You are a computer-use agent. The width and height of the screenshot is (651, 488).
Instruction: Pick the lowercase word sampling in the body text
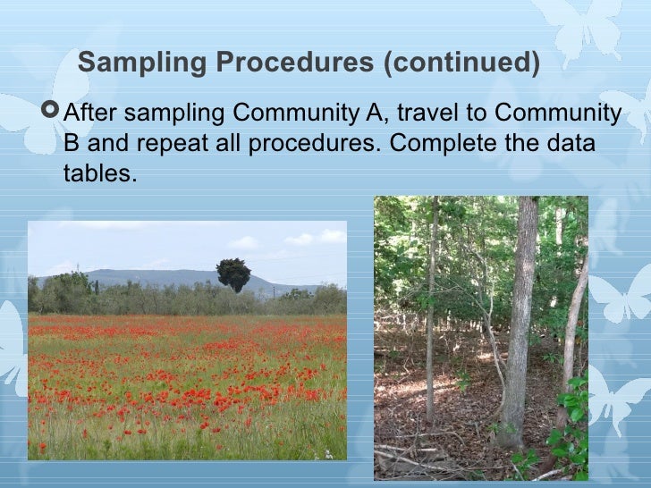174,114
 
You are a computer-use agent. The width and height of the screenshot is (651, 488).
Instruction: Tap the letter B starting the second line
72,144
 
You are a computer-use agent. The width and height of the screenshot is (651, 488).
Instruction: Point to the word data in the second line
569,144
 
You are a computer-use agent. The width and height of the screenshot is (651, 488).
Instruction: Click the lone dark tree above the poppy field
233,274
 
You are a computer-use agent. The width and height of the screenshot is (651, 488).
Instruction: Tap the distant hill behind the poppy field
161,276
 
